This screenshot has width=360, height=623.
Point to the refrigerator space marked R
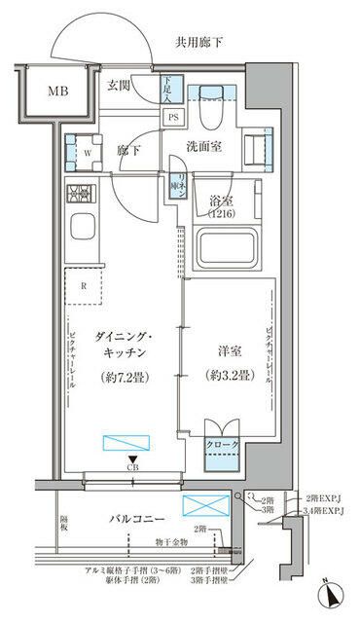(85, 286)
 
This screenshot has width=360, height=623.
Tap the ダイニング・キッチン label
(115, 345)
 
